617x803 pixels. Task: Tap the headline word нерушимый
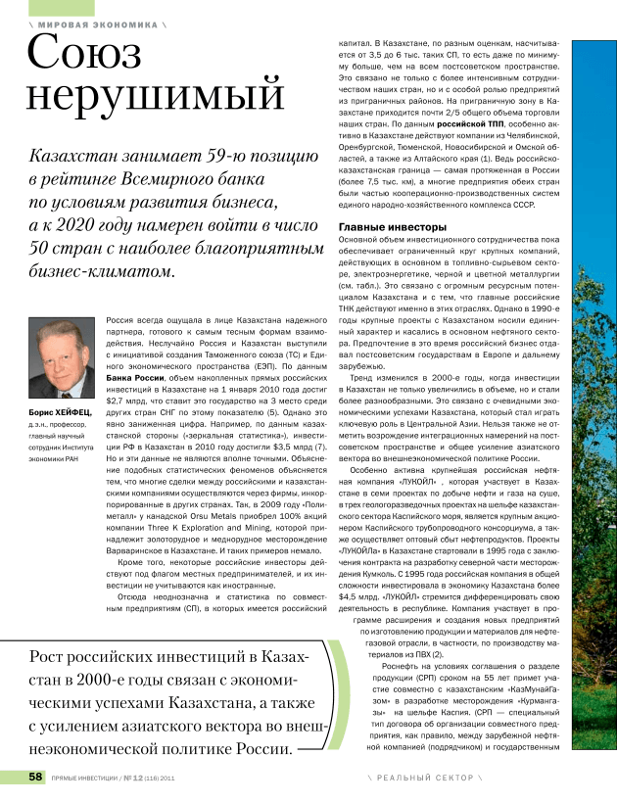155,97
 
